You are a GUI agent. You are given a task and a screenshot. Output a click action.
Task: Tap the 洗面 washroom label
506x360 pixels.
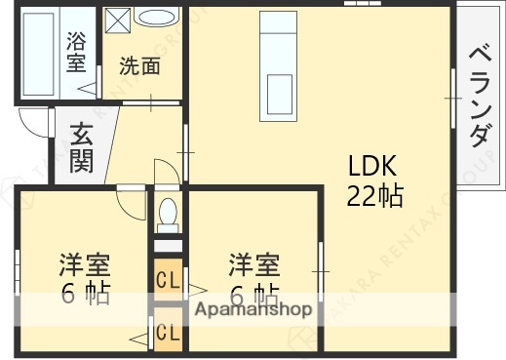pyautogui.click(x=139, y=66)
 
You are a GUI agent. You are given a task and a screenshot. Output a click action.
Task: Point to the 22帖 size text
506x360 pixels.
pyautogui.click(x=374, y=195)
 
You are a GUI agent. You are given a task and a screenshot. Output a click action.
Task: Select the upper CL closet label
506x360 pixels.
pyautogui.click(x=167, y=280)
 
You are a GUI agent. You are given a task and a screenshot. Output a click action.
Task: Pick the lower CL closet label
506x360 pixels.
pyautogui.click(x=167, y=332)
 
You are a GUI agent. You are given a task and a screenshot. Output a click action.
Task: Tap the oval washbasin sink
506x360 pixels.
pyautogui.click(x=156, y=17)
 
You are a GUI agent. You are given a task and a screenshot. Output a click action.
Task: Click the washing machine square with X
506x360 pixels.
pyautogui.click(x=118, y=20)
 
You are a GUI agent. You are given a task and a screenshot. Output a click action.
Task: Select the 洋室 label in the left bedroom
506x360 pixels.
pyautogui.click(x=84, y=265)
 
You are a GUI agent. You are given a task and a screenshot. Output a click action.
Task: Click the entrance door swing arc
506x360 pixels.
pyautogui.click(x=33, y=122)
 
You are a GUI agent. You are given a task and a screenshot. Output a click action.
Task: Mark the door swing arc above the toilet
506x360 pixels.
pyautogui.click(x=166, y=170)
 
